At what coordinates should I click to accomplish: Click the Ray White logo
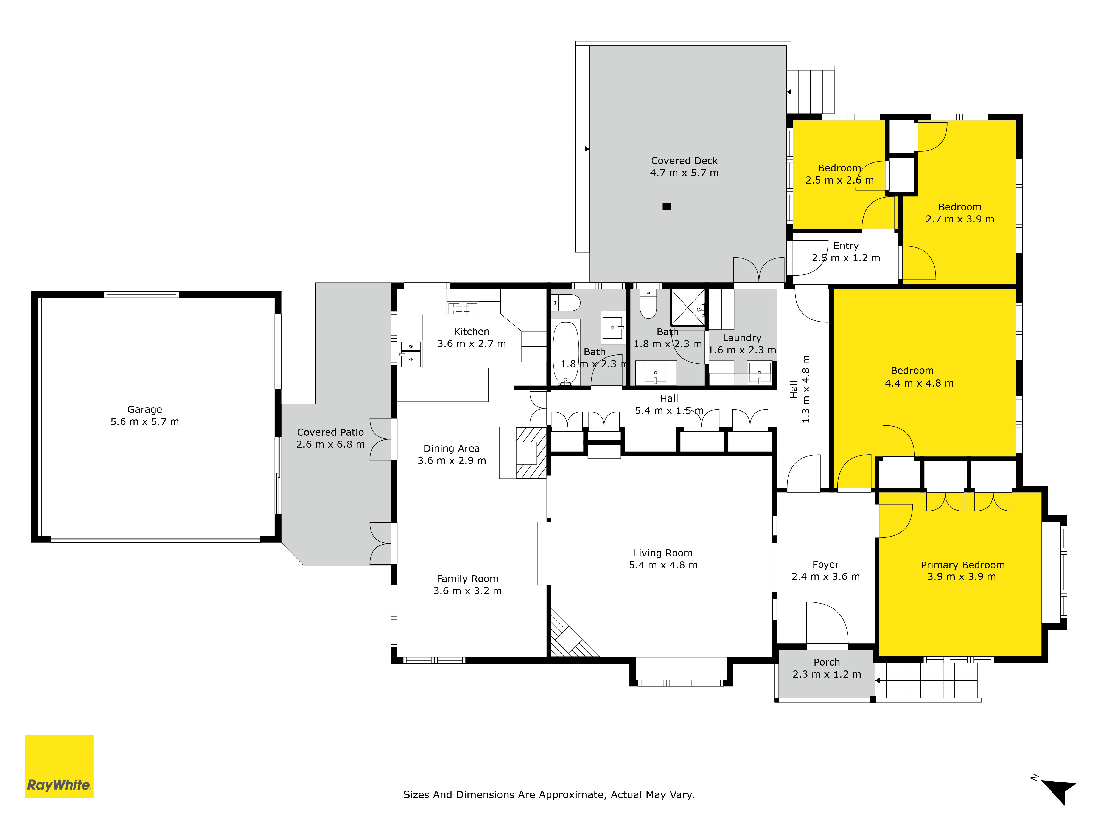click(x=59, y=766)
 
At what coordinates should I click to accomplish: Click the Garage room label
click(x=144, y=409)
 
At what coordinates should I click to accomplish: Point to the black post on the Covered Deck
click(x=667, y=206)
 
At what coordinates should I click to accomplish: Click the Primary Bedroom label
click(x=962, y=565)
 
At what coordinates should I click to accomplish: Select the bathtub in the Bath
click(x=566, y=353)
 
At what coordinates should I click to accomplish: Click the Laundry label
click(x=742, y=338)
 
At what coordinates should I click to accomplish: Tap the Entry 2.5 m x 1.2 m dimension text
click(x=846, y=258)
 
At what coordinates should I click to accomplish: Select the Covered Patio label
click(x=330, y=432)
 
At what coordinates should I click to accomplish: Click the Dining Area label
click(x=452, y=449)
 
